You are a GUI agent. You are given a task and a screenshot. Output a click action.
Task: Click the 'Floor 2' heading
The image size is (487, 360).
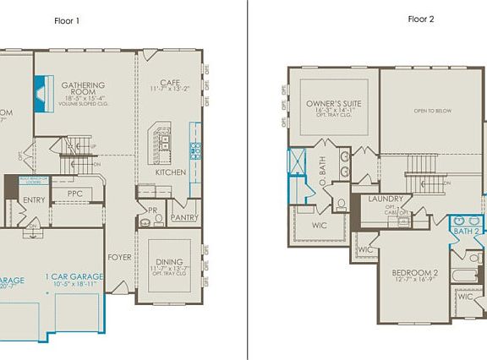click(420, 18)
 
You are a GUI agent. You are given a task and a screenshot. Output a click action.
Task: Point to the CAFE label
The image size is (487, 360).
click(170, 82)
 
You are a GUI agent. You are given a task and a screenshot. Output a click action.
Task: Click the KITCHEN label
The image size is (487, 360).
click(170, 172)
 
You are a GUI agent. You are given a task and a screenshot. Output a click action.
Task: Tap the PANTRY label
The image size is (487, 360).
click(184, 217)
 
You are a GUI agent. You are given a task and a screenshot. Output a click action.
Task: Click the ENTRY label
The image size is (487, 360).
click(35, 200)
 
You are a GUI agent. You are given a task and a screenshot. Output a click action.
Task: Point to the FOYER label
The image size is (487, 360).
click(118, 257)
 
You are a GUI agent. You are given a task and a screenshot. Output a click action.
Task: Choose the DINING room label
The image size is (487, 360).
click(169, 261)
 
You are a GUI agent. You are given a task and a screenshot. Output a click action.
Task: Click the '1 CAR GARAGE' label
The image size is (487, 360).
click(75, 276)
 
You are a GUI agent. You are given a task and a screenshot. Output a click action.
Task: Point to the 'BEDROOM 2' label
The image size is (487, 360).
click(414, 274)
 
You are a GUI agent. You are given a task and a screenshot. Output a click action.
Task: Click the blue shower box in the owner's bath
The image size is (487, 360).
click(298, 162)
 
